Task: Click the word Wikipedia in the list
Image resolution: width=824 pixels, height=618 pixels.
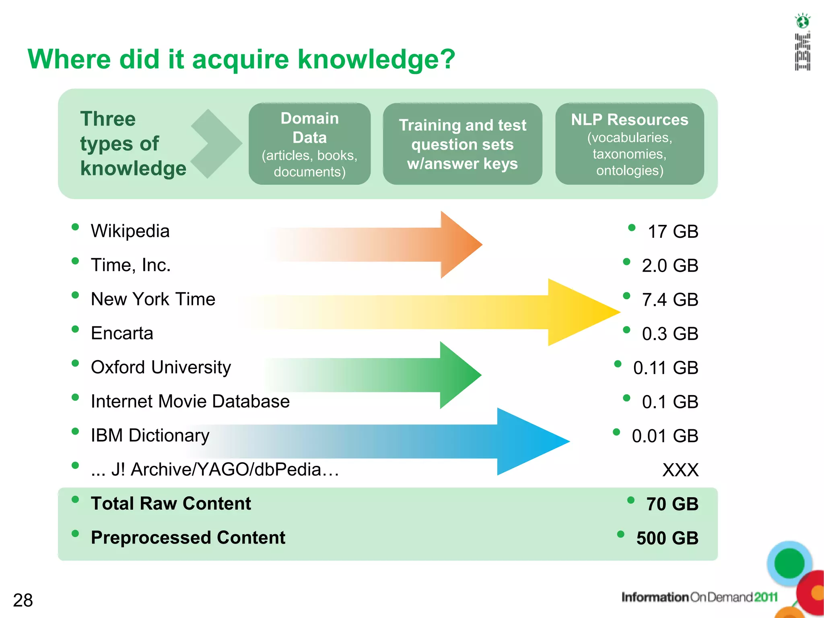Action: click(130, 231)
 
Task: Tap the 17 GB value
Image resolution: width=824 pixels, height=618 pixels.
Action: click(673, 232)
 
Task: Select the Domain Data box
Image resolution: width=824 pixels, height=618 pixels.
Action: click(309, 144)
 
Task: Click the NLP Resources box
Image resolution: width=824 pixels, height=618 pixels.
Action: click(629, 144)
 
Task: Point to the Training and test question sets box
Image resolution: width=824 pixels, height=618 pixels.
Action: click(462, 144)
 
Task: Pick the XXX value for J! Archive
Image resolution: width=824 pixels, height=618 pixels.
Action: click(680, 470)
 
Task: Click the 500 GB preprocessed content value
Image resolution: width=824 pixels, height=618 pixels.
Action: click(667, 538)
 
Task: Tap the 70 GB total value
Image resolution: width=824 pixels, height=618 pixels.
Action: click(672, 504)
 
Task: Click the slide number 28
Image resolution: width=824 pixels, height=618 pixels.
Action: click(23, 600)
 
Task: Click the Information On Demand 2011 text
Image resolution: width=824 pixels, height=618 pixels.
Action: click(699, 597)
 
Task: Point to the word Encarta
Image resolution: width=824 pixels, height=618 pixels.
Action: click(122, 334)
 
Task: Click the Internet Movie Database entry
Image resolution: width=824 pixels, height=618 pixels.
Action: click(190, 402)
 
